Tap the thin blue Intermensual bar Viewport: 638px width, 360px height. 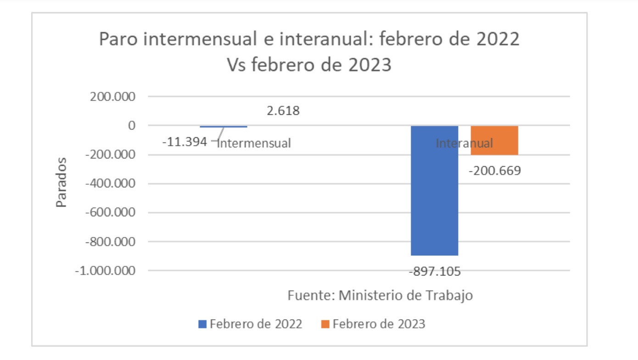tap(224, 126)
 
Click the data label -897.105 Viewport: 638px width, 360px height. tap(434, 271)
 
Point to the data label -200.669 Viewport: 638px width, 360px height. tap(494, 171)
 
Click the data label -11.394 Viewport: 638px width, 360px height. tap(185, 142)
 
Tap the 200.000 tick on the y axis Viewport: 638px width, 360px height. tap(114, 97)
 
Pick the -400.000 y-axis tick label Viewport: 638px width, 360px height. tap(112, 184)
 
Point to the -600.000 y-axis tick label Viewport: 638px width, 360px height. tap(112, 213)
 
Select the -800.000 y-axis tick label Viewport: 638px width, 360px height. tap(112, 242)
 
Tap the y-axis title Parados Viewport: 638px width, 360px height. tap(62, 182)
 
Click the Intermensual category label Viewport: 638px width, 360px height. tap(254, 143)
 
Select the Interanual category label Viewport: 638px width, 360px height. tap(464, 143)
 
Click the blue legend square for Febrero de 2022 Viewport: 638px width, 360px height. tap(202, 324)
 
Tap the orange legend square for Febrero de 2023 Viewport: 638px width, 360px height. tap(325, 324)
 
